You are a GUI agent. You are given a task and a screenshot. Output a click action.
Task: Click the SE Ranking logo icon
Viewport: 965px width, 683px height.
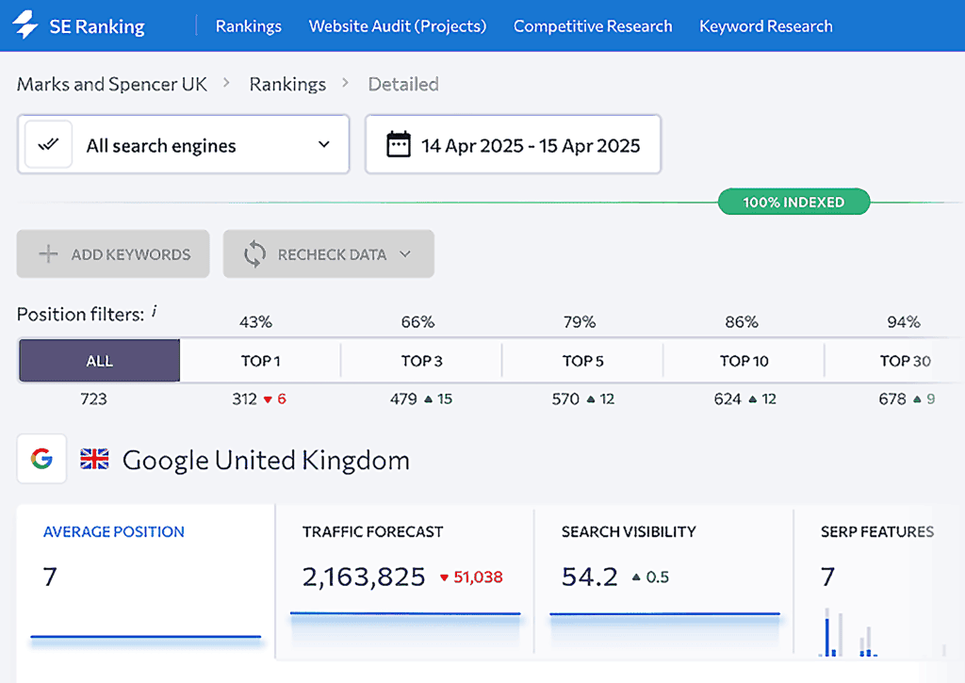click(x=25, y=26)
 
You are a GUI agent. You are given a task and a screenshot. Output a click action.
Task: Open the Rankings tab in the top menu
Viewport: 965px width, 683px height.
click(x=248, y=26)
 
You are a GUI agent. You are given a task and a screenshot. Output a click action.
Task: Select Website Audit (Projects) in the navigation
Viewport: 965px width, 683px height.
click(x=398, y=26)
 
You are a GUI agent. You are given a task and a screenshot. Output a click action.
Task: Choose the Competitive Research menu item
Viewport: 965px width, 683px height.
click(x=593, y=26)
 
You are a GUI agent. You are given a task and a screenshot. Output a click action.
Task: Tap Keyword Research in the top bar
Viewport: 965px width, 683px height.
click(x=765, y=26)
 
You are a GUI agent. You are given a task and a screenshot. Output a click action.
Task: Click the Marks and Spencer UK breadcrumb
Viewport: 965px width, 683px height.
click(x=112, y=84)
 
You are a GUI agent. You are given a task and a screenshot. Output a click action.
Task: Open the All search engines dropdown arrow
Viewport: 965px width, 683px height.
click(x=323, y=145)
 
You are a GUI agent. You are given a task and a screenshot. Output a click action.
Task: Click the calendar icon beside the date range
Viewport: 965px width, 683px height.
click(x=399, y=145)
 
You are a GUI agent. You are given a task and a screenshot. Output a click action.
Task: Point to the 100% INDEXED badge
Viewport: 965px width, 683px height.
click(x=793, y=202)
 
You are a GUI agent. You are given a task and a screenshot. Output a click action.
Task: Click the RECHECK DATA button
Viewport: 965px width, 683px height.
click(x=329, y=254)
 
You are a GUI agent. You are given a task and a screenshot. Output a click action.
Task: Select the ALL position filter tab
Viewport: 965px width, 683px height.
click(x=99, y=361)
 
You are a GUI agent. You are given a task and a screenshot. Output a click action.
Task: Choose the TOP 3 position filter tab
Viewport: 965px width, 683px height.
click(x=421, y=361)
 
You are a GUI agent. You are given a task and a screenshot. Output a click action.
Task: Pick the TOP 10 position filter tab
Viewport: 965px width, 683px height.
click(x=744, y=361)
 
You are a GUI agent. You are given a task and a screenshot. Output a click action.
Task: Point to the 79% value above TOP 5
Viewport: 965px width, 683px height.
click(x=580, y=322)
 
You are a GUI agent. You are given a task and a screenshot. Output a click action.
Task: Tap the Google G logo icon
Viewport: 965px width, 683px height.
click(x=41, y=459)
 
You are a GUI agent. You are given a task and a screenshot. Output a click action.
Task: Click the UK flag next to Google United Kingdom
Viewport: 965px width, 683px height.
click(x=94, y=460)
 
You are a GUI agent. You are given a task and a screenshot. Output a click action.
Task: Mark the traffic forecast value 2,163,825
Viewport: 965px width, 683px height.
click(x=364, y=577)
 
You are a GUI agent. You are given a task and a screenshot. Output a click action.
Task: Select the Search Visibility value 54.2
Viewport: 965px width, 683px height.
click(x=589, y=577)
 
